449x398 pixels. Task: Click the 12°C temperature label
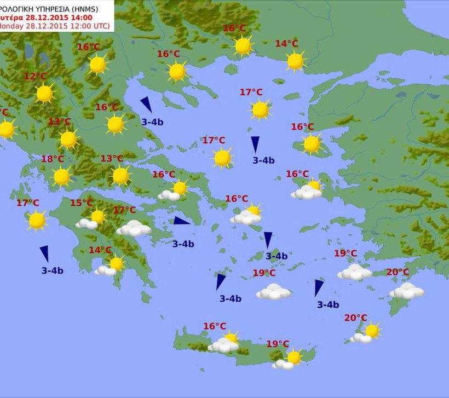[36, 76]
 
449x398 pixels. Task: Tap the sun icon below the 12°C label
[44, 94]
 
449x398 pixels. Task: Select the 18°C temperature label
[53, 159]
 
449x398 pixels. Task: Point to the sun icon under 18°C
[62, 176]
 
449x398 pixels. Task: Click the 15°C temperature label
[81, 203]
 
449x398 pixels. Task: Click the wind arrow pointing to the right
[181, 221]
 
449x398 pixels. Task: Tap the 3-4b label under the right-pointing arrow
[183, 244]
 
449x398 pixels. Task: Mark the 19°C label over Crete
[278, 344]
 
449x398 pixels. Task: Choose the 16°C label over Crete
[215, 326]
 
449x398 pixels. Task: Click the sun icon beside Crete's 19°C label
[294, 357]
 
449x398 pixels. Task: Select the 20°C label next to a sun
[355, 318]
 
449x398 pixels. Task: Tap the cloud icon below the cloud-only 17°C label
[134, 228]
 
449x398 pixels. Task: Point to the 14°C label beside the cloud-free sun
[286, 44]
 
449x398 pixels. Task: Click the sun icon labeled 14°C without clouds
[296, 61]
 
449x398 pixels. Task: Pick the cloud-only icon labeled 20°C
[407, 291]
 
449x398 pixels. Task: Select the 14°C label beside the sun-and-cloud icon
[100, 250]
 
